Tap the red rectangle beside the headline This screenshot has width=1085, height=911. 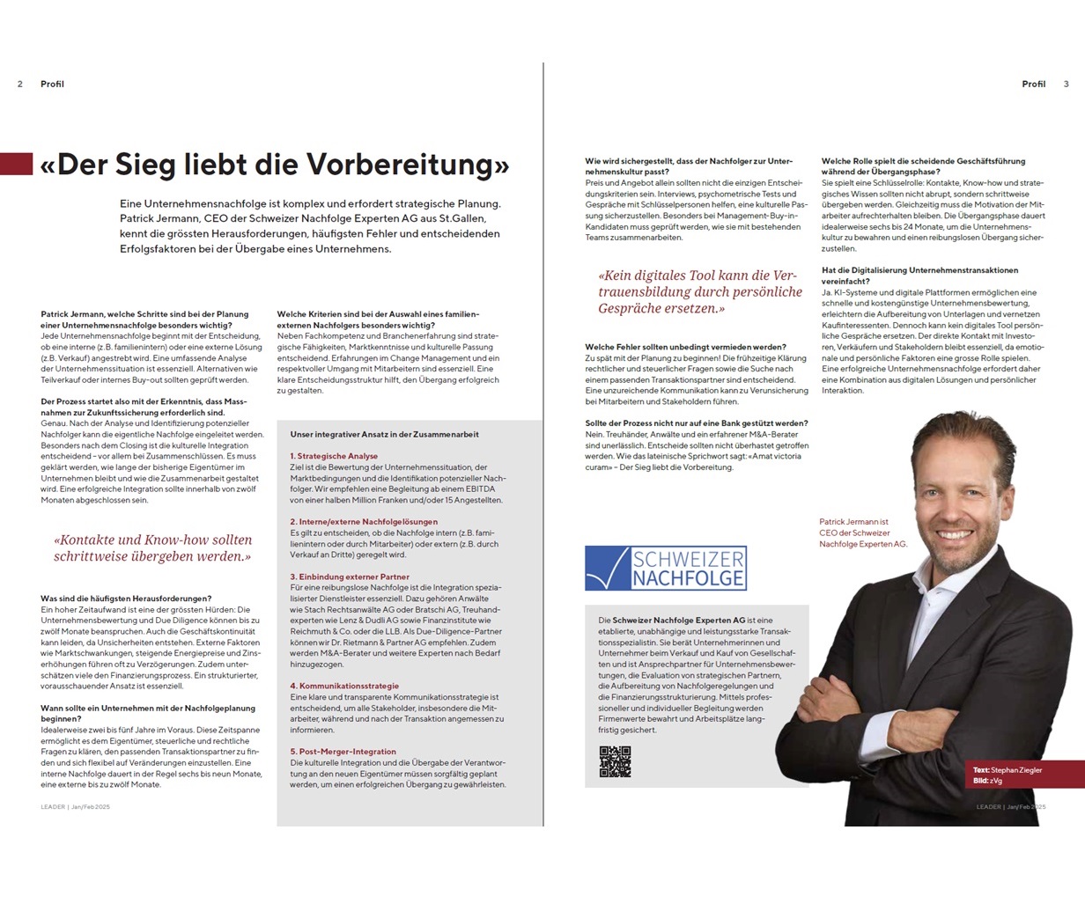(x=16, y=164)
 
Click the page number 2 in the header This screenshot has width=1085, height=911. (x=20, y=84)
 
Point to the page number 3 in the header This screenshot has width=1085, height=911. (x=1066, y=84)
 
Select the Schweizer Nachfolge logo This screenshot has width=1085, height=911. (x=666, y=568)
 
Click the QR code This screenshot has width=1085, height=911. (x=615, y=761)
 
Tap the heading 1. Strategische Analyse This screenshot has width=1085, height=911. (x=334, y=456)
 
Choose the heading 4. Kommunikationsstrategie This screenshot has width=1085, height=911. (x=344, y=686)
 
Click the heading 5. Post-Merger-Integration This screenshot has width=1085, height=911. (x=343, y=752)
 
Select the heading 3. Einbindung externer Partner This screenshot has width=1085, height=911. (x=350, y=577)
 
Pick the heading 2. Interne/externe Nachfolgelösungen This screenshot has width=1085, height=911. (x=364, y=522)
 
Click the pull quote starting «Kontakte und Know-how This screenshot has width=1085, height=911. (x=152, y=547)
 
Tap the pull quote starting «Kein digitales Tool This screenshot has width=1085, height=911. (x=700, y=291)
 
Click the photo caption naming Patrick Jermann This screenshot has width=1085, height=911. (x=862, y=533)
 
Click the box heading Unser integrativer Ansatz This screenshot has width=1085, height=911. (x=385, y=434)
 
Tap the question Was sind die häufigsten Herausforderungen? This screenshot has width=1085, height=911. (x=126, y=599)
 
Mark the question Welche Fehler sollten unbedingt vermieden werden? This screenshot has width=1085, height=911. (x=685, y=347)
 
